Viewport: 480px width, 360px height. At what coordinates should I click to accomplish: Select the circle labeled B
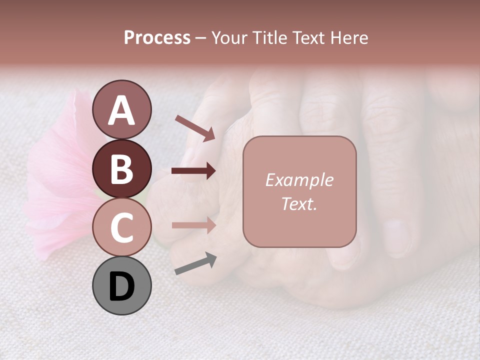121,168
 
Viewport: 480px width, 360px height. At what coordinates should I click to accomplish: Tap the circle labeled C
121,227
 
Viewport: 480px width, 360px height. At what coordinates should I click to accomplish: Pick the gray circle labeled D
121,285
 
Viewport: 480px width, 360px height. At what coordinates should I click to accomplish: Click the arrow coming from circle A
194,127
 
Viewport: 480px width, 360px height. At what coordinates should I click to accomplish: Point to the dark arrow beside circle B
193,171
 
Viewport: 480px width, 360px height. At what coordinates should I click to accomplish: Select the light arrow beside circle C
193,225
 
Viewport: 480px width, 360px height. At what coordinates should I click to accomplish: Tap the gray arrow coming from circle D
195,263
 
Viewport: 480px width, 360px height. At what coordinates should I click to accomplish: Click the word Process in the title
157,37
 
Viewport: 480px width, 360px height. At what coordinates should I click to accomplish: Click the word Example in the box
299,180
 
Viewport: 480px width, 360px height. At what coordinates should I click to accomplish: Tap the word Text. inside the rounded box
299,203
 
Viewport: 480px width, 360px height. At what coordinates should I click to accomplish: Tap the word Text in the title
309,37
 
